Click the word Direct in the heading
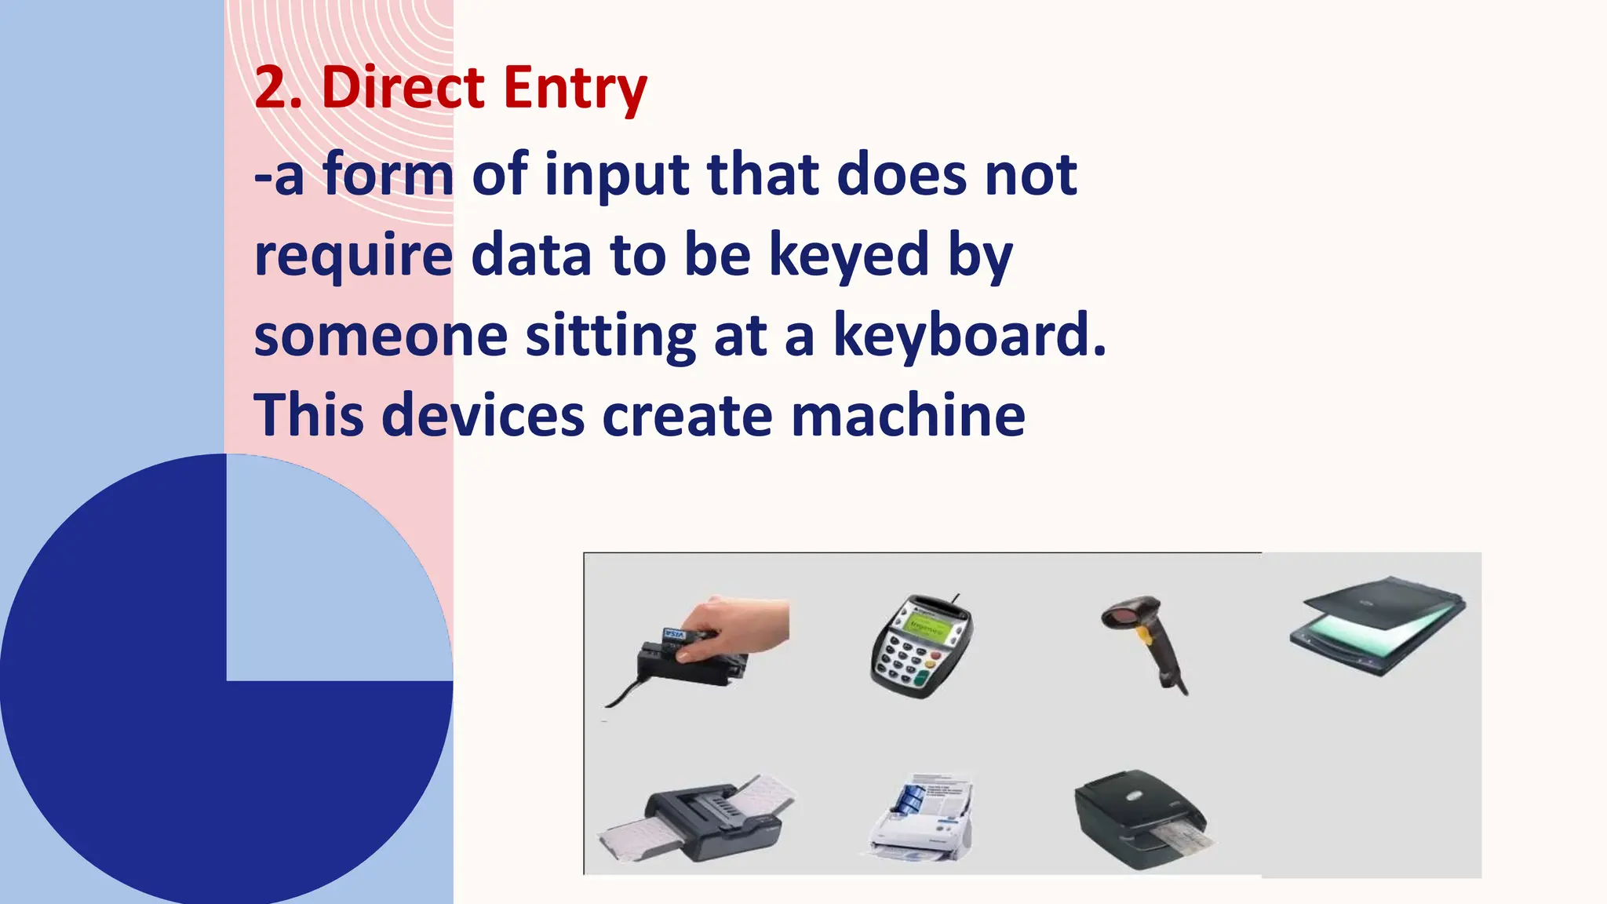[x=403, y=87]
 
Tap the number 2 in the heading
[x=270, y=87]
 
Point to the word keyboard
[x=968, y=335]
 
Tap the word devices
[x=483, y=416]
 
